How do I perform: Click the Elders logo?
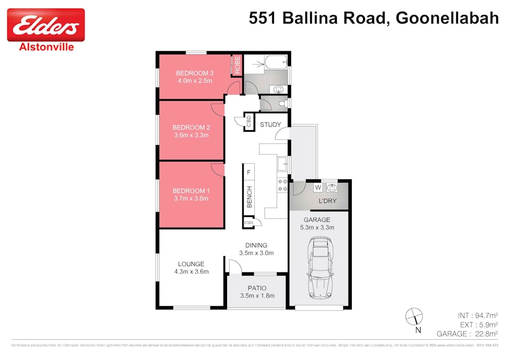click(46, 25)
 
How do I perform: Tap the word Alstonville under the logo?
click(46, 46)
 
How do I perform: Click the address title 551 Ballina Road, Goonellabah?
click(374, 18)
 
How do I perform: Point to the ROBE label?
click(237, 65)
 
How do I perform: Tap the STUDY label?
click(270, 125)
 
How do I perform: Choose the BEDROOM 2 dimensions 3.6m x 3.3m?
click(190, 135)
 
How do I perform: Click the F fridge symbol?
click(248, 172)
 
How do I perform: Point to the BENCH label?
click(249, 197)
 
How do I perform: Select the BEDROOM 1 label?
click(191, 190)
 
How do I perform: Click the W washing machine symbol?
click(318, 188)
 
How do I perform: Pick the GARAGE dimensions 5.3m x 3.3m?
click(317, 227)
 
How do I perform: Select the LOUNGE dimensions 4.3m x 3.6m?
click(191, 271)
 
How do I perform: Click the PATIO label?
click(257, 288)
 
